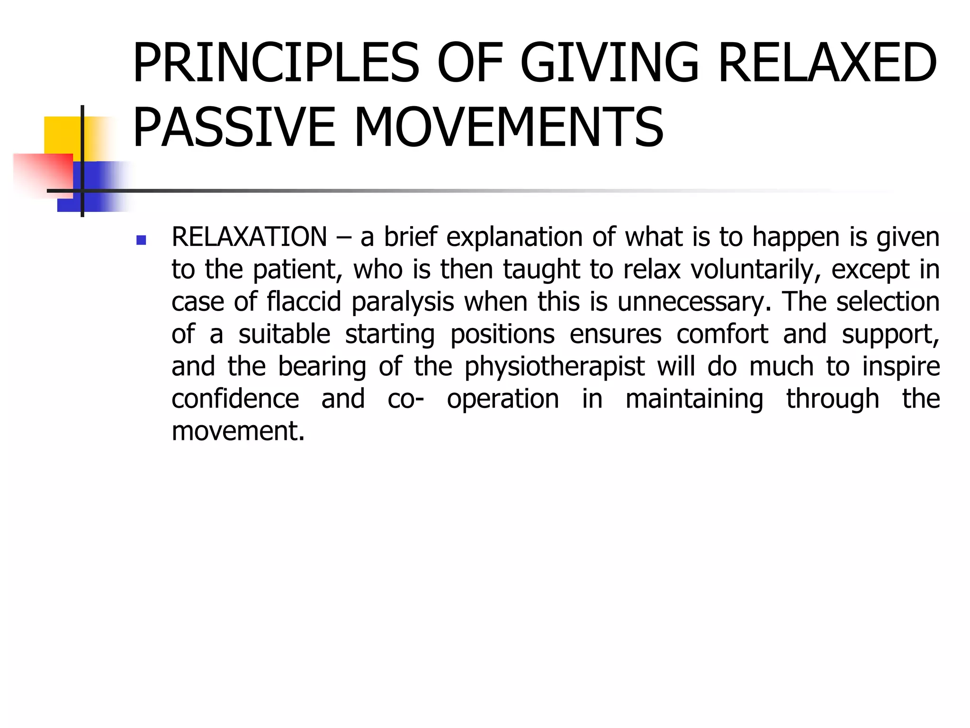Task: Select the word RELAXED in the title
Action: (827, 63)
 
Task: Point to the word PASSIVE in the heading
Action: (234, 127)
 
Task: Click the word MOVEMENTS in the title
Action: (509, 127)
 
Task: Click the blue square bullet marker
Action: (141, 240)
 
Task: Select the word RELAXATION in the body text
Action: (249, 237)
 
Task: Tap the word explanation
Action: (514, 237)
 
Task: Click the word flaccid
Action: (304, 302)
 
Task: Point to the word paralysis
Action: (403, 302)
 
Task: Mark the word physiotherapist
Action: (555, 367)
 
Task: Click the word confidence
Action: (235, 399)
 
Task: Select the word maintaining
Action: (694, 399)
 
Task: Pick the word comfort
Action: (722, 334)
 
